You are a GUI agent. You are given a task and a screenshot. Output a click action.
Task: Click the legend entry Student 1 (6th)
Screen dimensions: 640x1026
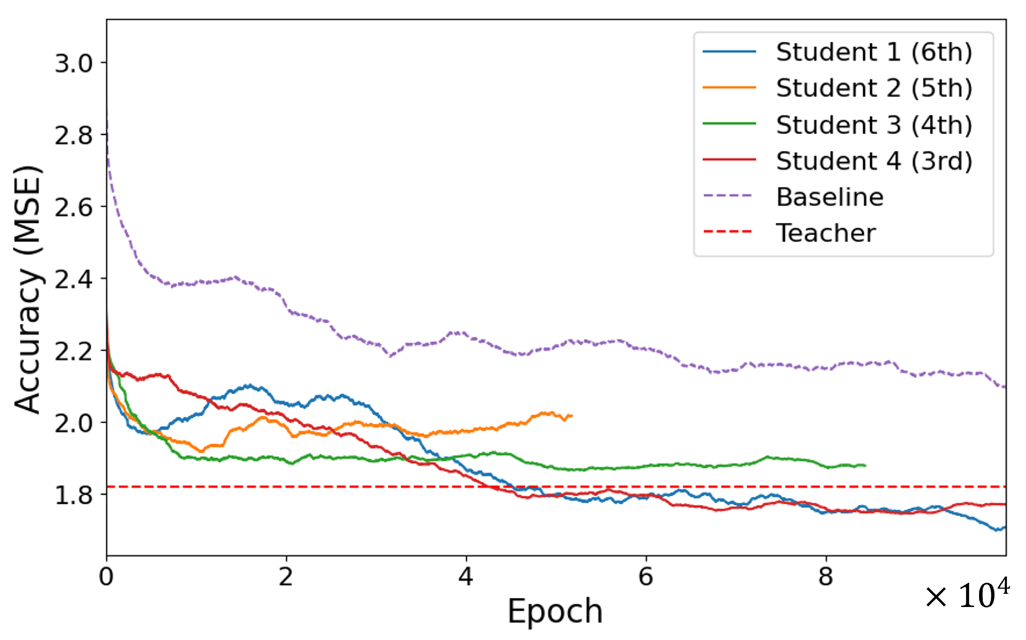point(874,52)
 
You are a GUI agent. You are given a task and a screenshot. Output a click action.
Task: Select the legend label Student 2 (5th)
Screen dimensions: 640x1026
point(874,88)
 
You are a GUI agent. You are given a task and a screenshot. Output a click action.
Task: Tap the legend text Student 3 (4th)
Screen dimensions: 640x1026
point(874,125)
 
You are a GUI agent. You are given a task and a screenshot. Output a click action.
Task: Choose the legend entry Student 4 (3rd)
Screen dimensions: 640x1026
point(874,161)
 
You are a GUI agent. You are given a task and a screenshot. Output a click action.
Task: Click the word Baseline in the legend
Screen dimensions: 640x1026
point(830,197)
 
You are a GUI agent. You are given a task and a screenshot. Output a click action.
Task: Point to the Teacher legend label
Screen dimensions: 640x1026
point(825,233)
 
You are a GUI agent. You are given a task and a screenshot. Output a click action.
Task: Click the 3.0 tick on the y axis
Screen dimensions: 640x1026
point(74,63)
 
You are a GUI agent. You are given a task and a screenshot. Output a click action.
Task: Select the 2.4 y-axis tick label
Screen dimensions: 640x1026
point(74,279)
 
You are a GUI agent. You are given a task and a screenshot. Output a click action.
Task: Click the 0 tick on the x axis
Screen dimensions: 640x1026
point(106,577)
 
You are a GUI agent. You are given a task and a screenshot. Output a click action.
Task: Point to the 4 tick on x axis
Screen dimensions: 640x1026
point(466,577)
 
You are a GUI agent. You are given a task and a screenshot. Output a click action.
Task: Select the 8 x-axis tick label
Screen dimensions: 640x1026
point(826,577)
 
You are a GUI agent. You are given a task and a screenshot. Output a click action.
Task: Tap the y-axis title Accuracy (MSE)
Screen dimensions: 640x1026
point(27,290)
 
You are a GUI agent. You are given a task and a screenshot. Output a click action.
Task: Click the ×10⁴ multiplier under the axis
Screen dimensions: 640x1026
point(967,595)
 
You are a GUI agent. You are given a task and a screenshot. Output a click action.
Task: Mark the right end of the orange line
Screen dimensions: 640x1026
point(571,416)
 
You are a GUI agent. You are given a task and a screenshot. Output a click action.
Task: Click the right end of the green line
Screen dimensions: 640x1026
point(865,466)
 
